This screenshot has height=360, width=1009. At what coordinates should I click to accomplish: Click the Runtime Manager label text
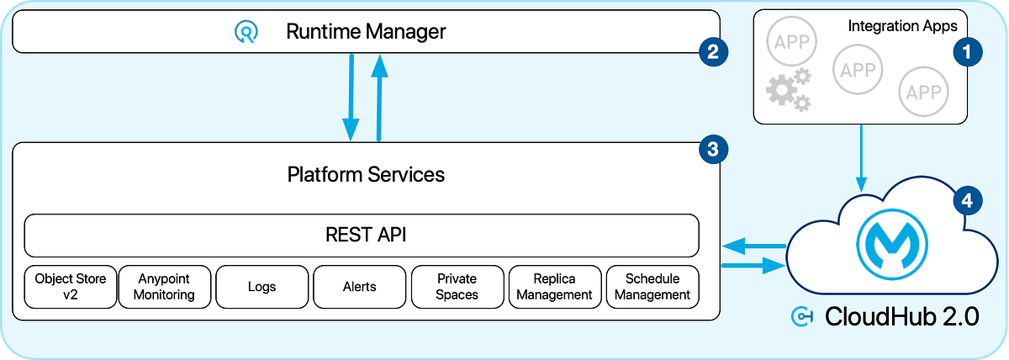click(x=366, y=33)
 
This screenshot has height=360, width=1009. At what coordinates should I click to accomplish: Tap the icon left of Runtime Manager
click(x=246, y=33)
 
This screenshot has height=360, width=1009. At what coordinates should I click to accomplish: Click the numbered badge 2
click(x=712, y=52)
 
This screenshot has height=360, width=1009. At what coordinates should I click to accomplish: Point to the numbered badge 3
click(x=712, y=151)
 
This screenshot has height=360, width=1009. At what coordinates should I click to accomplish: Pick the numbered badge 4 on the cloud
click(x=966, y=201)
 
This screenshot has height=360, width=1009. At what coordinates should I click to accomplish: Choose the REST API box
click(x=362, y=235)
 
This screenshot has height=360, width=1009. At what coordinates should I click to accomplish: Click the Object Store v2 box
click(x=71, y=286)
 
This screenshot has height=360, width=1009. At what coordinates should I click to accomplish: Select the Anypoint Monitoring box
click(x=164, y=286)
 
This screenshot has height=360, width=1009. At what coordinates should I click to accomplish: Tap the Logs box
click(x=262, y=286)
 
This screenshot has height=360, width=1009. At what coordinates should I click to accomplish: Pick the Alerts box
click(x=359, y=286)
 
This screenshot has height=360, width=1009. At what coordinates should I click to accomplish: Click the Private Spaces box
click(x=457, y=286)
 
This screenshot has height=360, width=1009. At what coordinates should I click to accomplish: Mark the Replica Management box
click(x=555, y=286)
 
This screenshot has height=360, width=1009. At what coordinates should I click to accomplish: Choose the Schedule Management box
click(x=652, y=286)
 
